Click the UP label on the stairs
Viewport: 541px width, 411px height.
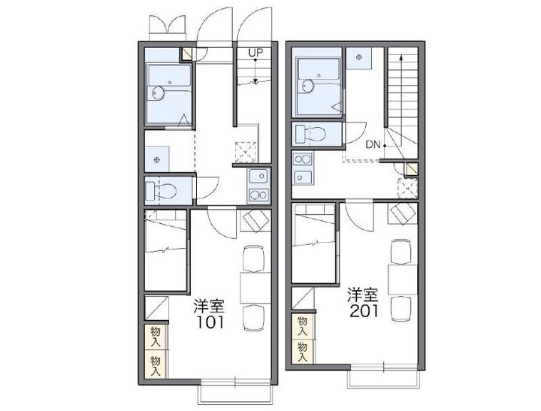[255, 53]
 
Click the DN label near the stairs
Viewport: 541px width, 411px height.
[373, 144]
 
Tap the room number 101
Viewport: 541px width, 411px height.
[210, 322]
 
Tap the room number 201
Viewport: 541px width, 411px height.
[364, 311]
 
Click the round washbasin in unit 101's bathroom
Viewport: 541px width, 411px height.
[159, 93]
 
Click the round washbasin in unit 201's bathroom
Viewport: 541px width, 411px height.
[307, 86]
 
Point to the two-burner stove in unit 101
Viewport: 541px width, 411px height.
[258, 195]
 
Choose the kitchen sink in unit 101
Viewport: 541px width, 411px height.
[258, 177]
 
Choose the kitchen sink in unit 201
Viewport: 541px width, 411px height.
[303, 178]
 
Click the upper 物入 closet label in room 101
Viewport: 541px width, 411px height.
[156, 337]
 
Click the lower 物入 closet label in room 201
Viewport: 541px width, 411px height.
[302, 352]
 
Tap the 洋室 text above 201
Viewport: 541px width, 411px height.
[363, 295]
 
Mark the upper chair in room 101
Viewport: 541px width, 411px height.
[254, 258]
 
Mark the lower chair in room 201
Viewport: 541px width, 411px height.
[400, 309]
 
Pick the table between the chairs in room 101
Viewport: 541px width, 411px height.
[255, 288]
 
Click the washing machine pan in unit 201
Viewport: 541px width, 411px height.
[359, 57]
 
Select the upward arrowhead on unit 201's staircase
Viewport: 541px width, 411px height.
[400, 57]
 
